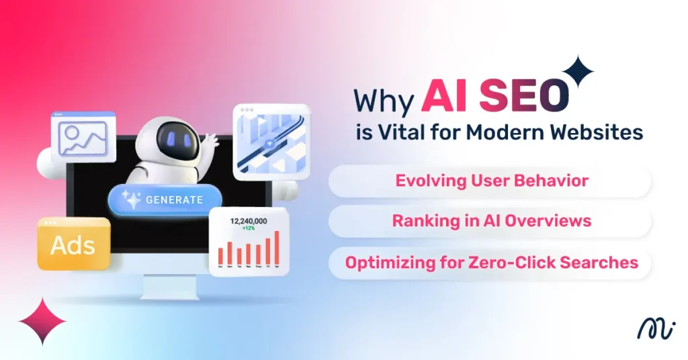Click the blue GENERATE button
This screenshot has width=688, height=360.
coord(165,199)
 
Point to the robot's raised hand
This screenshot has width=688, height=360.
coord(211,141)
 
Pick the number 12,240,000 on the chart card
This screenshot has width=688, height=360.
coord(249,220)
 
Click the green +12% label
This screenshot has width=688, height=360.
coord(249,229)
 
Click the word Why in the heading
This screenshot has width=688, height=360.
coord(385,100)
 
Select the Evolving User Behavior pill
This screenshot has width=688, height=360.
coord(491,181)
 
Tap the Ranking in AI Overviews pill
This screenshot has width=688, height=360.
coord(491,221)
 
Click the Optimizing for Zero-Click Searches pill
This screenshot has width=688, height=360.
coord(491,262)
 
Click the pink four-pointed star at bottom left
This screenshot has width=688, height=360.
coord(42,321)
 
